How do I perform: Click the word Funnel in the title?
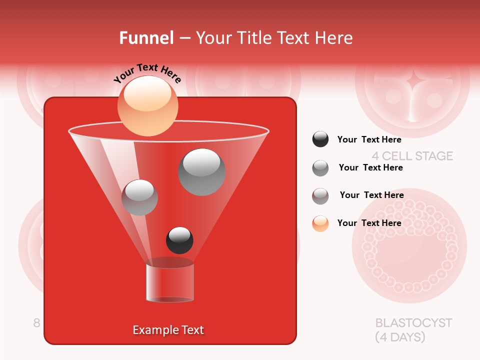coord(146,38)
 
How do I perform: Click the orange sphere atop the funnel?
coord(147,105)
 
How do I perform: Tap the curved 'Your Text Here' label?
coord(147,73)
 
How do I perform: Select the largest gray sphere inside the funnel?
coord(202,172)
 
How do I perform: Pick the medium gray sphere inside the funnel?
coord(139,197)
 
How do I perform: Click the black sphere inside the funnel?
coord(179,240)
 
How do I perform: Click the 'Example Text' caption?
coord(168,330)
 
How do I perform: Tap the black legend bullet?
coord(320,139)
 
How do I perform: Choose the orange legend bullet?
coord(320,223)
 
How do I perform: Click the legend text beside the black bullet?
coord(369,139)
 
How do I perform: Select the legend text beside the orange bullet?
coord(369,223)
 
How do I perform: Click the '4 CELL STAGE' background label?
coord(412,156)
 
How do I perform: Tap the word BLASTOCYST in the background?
coord(413,322)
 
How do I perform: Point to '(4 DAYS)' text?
coord(400,337)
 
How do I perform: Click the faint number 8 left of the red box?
coord(36,323)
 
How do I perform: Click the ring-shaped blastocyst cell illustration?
coord(409,245)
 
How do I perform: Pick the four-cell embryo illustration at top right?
coord(412,90)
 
